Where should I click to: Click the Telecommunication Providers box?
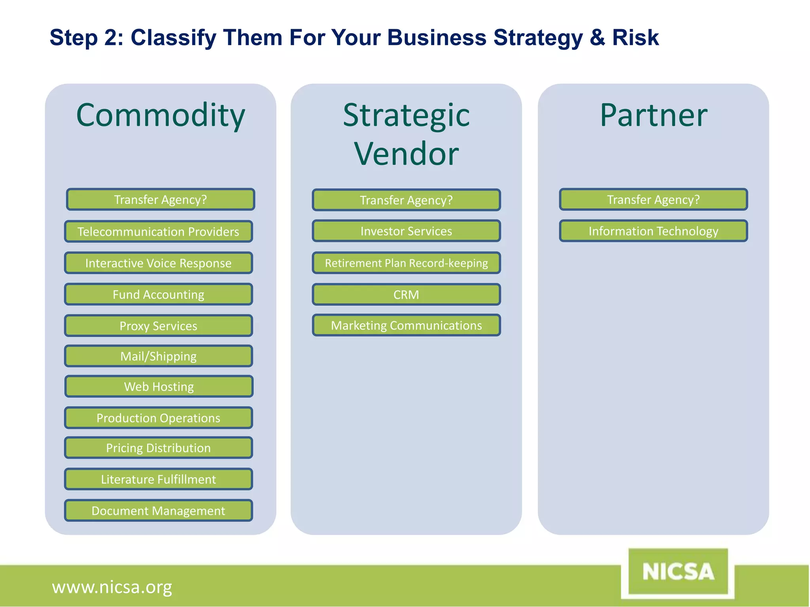[158, 232]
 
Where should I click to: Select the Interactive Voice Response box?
[158, 263]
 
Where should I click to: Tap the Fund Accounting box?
[158, 294]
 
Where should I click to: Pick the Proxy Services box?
[158, 326]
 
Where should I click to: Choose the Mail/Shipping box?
[158, 356]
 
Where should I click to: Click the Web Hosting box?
[159, 386]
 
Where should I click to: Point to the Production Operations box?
[158, 418]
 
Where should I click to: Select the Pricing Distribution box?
[158, 448]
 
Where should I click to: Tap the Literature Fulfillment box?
[158, 479]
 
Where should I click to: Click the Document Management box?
[158, 511]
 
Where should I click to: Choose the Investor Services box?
[406, 231]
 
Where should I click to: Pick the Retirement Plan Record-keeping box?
[406, 263]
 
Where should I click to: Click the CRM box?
[406, 295]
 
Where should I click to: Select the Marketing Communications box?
[406, 326]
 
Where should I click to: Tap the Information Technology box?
[653, 231]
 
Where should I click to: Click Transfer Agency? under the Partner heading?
[653, 200]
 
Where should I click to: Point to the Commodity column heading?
[161, 115]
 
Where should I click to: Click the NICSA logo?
[678, 572]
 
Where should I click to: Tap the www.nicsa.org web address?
[112, 587]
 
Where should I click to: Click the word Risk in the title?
[635, 38]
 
